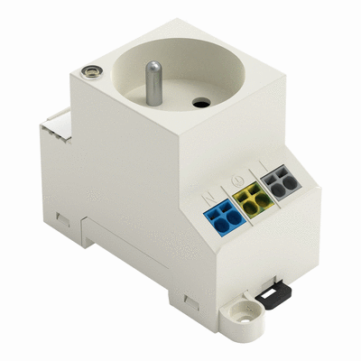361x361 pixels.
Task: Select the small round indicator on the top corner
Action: pyautogui.click(x=89, y=69)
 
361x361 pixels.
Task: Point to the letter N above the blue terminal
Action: pyautogui.click(x=208, y=192)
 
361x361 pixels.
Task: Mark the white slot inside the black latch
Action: pyautogui.click(x=269, y=292)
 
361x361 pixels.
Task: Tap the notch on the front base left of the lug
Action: pyautogui.click(x=189, y=298)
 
